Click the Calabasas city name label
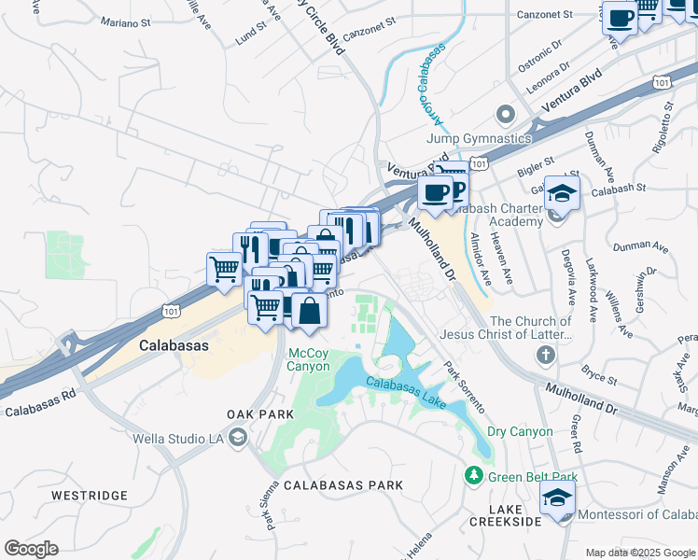click(173, 344)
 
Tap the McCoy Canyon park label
click(308, 359)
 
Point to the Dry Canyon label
click(520, 431)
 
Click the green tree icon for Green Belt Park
click(474, 477)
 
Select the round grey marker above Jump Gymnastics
click(506, 116)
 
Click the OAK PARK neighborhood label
click(254, 413)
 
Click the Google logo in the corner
click(31, 549)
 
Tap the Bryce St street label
click(598, 374)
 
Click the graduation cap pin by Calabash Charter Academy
click(562, 193)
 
